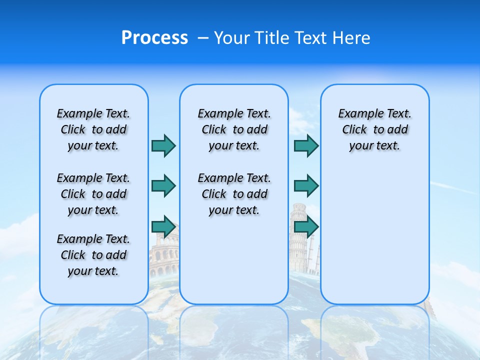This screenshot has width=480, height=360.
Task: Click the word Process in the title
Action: [x=154, y=38]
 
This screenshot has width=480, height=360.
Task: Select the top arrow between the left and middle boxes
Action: [x=163, y=145]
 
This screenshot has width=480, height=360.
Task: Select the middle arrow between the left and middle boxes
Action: [x=163, y=186]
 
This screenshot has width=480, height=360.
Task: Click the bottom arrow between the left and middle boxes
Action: [x=163, y=226]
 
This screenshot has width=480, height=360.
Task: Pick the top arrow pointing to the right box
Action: [x=306, y=145]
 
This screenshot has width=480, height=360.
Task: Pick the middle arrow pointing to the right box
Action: [x=306, y=186]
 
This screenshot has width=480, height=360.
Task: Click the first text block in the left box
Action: [x=93, y=129]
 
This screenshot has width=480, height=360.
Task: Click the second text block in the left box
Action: [x=93, y=194]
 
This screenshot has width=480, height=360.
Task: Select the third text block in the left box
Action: [x=93, y=255]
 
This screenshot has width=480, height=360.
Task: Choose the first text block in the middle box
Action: [x=234, y=129]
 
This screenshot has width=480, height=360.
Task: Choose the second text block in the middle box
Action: [x=234, y=194]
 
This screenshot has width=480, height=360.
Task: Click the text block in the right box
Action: [x=374, y=129]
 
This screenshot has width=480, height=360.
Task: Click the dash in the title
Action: [x=203, y=38]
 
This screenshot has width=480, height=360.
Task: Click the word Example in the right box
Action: [x=357, y=114]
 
